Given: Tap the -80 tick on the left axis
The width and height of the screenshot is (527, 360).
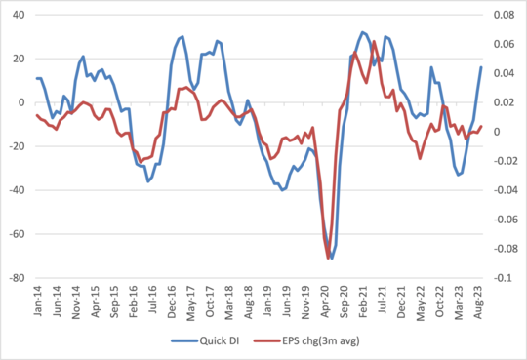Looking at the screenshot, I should point(17,278).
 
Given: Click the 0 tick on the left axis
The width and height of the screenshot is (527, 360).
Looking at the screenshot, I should point(21,102).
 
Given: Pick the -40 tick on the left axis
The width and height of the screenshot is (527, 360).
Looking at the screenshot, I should point(17,190).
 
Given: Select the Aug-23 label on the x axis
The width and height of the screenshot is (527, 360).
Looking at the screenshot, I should point(478,298).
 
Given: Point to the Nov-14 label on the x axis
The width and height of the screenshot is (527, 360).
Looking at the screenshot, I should point(74,298).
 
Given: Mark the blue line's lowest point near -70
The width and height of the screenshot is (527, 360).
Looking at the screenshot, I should point(331,258).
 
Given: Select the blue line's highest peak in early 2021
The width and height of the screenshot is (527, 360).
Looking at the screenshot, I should point(362,32).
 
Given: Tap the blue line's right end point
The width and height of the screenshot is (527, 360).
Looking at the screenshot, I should point(481,67).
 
